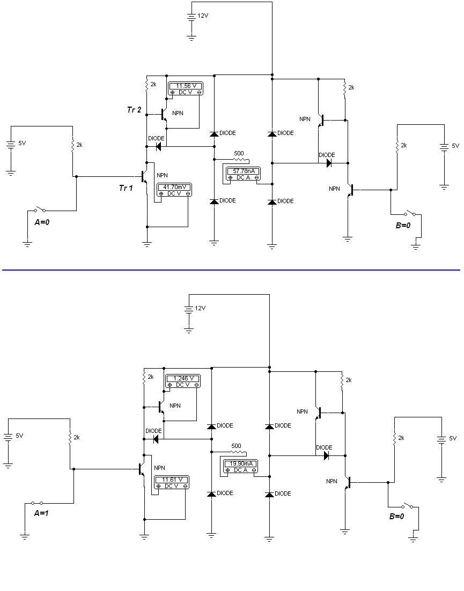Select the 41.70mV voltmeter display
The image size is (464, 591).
coord(174,187)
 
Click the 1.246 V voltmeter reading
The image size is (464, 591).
coord(182,378)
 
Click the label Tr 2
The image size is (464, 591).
coord(134,110)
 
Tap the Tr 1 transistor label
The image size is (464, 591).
coord(126,188)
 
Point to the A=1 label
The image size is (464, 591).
coord(41,513)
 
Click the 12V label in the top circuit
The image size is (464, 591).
coord(203,16)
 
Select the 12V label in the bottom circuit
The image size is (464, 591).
coord(200,308)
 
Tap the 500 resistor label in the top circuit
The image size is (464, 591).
coord(239,153)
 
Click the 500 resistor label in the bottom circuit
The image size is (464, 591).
coord(236,446)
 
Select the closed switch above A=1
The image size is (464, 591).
coord(37,503)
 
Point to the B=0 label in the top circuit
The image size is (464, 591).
coord(403,226)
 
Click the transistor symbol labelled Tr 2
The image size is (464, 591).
coord(164,114)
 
